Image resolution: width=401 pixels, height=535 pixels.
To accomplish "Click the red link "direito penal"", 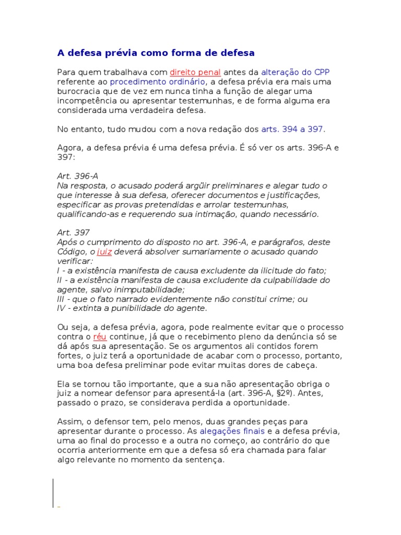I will tap(195, 72).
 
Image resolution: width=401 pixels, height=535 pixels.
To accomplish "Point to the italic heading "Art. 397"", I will tap(73, 233).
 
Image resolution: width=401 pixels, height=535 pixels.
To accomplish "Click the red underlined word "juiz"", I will tap(104, 252).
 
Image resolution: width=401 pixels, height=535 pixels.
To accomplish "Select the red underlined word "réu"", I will tap(99, 336).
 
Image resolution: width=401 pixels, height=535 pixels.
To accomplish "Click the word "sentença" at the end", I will tap(205, 460).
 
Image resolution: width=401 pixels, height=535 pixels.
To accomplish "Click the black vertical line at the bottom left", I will tap(53, 492).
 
